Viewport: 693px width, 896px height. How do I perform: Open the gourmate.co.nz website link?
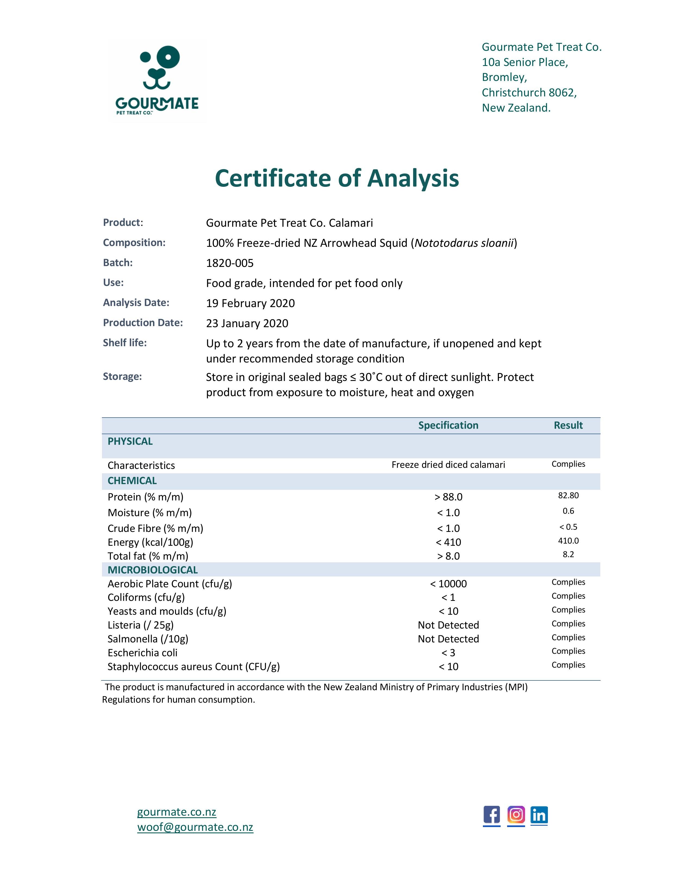177,812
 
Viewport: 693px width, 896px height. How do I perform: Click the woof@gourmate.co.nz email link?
195,827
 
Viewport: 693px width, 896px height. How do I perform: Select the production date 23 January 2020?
247,323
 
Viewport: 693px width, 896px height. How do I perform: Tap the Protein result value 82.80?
568,496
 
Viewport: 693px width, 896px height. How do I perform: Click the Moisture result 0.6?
568,511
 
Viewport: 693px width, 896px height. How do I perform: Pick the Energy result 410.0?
568,541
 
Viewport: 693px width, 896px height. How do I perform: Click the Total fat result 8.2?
568,555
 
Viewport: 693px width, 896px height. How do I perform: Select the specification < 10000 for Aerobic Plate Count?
448,584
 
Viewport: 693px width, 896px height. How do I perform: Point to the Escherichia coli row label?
142,653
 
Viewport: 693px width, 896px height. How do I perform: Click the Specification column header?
448,425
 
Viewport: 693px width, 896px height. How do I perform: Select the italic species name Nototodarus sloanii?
464,243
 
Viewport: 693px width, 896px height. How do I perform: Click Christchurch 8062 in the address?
529,93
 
